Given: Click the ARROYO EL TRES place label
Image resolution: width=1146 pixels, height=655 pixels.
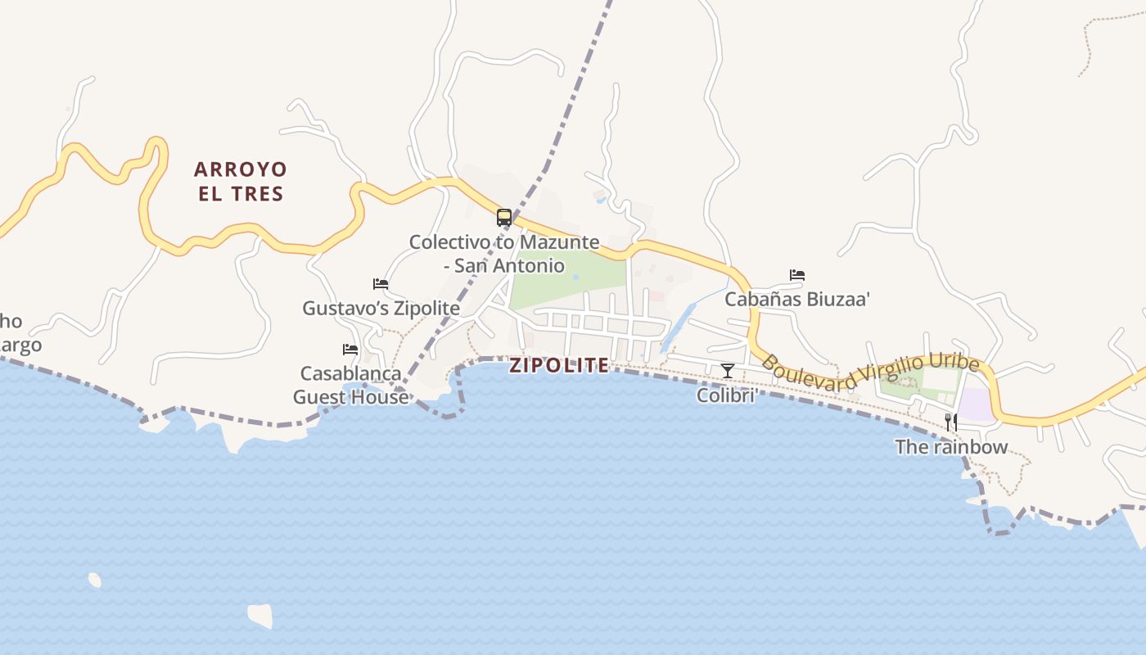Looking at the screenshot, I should tap(241, 182).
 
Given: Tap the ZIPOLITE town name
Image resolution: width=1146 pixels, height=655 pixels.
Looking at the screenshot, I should tap(559, 365).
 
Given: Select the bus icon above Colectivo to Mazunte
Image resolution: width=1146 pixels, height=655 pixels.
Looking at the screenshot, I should tap(504, 218).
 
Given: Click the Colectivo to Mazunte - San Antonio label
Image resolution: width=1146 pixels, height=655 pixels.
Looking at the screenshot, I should tap(504, 254).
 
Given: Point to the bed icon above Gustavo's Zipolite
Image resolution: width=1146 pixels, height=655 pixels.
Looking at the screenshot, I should tap(381, 284).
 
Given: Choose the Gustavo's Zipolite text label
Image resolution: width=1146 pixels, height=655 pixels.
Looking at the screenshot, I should tap(381, 308).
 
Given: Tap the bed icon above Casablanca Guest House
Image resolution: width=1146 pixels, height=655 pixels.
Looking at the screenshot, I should tap(350, 350).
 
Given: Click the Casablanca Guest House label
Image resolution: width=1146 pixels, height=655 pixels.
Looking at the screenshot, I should tap(350, 385).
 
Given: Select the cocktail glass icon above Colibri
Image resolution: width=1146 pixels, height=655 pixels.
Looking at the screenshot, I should tap(727, 371).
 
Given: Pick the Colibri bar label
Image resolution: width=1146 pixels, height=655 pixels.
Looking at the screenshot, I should tap(724, 395).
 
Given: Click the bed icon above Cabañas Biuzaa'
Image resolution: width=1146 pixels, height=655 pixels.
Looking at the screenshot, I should tap(797, 275).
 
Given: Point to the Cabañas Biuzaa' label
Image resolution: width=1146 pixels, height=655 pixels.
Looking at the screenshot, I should tap(796, 299).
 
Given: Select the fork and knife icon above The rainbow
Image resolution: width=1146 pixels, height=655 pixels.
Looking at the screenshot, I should tap(951, 422).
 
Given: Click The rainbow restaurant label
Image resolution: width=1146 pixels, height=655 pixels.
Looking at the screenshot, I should tap(951, 447).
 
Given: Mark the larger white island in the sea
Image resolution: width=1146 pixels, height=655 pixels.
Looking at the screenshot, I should tap(260, 615).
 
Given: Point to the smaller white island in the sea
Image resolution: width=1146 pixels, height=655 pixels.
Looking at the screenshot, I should tap(95, 580).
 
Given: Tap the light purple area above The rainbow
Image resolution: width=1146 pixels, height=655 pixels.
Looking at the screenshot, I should tap(975, 404).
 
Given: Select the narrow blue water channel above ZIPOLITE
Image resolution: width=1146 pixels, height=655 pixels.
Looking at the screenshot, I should tap(678, 327).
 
